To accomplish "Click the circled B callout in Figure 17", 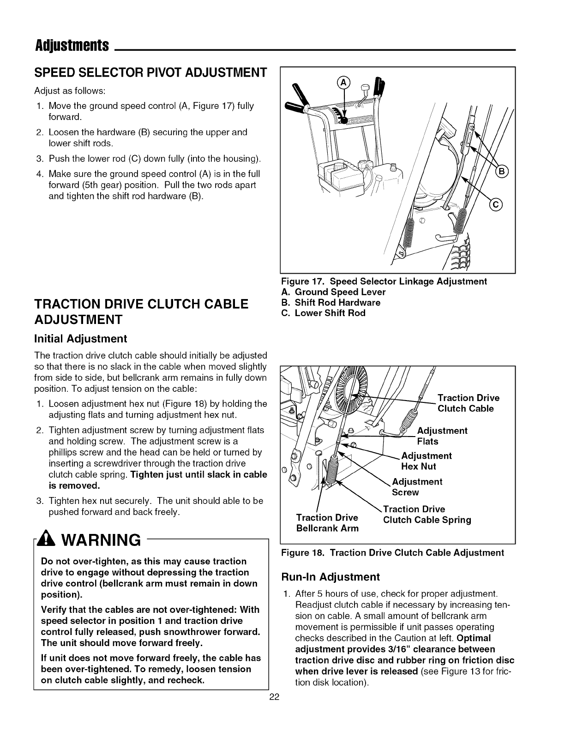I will [x=501, y=172].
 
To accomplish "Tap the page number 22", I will [x=275, y=697].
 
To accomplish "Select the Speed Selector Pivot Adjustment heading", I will [x=150, y=72].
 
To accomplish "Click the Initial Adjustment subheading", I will [x=81, y=339].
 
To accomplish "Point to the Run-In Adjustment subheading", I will [x=330, y=576].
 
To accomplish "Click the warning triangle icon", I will [x=48, y=539].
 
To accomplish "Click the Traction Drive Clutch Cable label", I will [x=468, y=403].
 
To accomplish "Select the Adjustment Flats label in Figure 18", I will [x=442, y=436].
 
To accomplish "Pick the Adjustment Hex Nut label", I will [x=427, y=461].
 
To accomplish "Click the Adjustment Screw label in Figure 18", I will [x=417, y=487].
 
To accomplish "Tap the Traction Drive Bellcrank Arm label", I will [x=327, y=523].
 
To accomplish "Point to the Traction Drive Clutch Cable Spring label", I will [x=427, y=515].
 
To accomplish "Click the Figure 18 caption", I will [x=392, y=553].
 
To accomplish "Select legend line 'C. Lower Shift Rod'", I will [x=323, y=313].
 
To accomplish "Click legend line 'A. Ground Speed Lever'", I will [x=333, y=292].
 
